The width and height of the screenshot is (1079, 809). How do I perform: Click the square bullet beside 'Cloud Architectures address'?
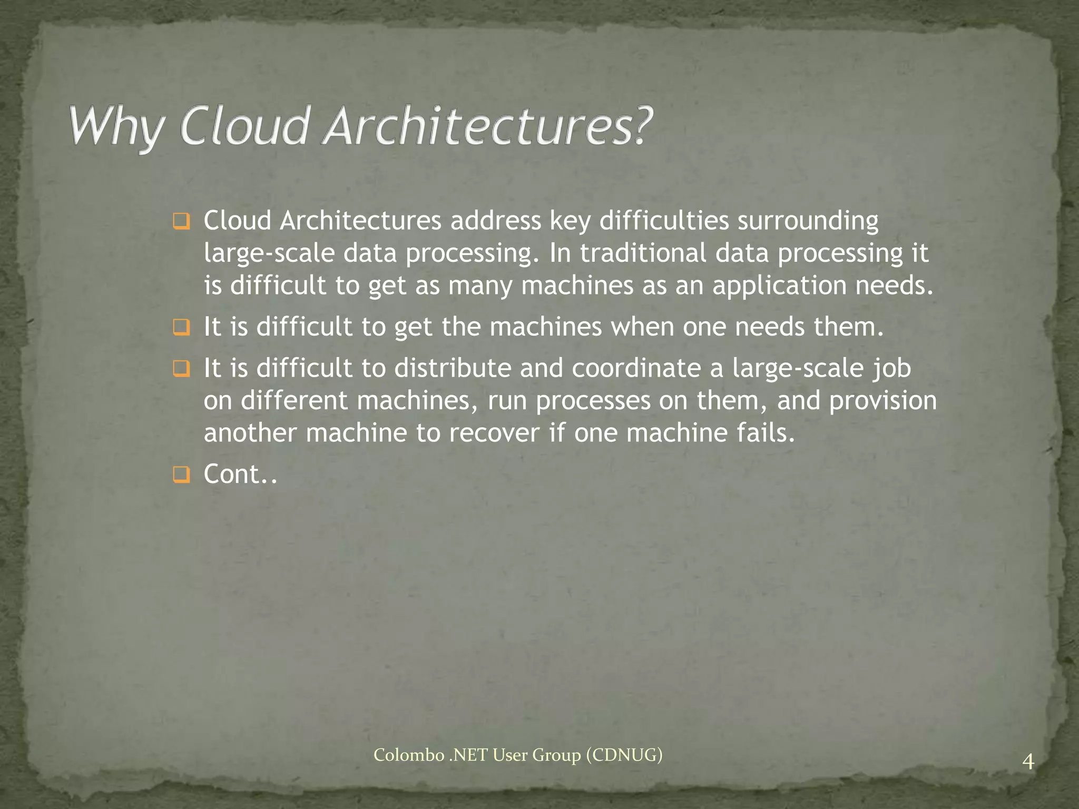(x=181, y=222)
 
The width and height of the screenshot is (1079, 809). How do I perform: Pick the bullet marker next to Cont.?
(x=181, y=476)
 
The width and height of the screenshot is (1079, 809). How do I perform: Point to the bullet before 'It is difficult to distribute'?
(x=181, y=369)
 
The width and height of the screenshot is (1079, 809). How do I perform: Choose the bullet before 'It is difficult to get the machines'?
(x=181, y=328)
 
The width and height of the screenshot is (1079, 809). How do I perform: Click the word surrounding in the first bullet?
(x=808, y=221)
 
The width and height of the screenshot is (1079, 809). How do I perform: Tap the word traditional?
(x=643, y=253)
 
